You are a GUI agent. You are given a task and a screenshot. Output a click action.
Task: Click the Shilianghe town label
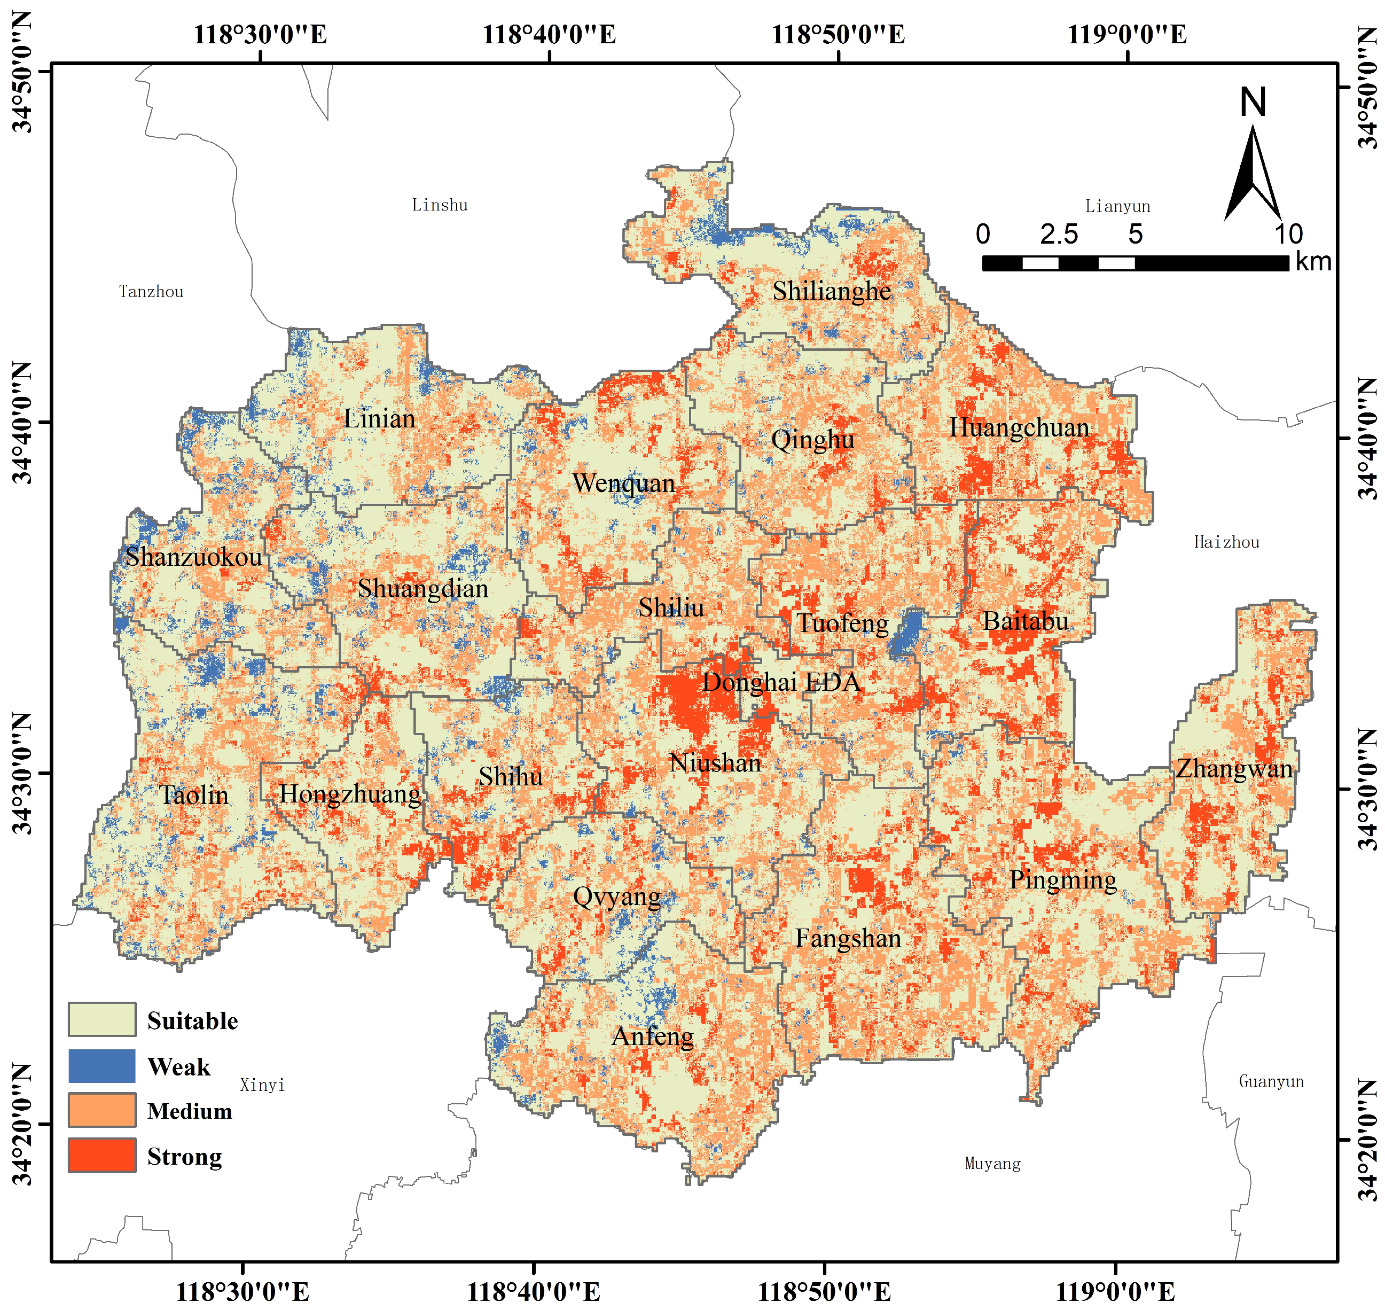pyautogui.click(x=832, y=291)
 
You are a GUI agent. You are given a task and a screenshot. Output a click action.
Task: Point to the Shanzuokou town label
pyautogui.click(x=193, y=557)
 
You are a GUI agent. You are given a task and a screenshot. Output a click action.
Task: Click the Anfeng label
pyautogui.click(x=653, y=1036)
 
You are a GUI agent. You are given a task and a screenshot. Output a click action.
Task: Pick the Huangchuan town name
pyautogui.click(x=1019, y=427)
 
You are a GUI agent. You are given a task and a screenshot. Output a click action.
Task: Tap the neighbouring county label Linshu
pyautogui.click(x=440, y=205)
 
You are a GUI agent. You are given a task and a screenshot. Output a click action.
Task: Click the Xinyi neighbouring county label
pyautogui.click(x=262, y=1085)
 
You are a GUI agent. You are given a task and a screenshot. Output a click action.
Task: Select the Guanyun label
pyautogui.click(x=1271, y=1082)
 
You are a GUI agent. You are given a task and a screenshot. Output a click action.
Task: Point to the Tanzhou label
pyautogui.click(x=152, y=292)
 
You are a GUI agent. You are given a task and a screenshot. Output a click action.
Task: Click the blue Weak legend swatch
pyautogui.click(x=102, y=1066)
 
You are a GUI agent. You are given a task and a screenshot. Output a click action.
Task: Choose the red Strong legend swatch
pyautogui.click(x=102, y=1156)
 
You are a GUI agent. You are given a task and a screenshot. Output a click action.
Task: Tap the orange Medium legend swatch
pyautogui.click(x=102, y=1110)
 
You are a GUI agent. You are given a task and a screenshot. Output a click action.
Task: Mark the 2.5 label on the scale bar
pyautogui.click(x=1059, y=235)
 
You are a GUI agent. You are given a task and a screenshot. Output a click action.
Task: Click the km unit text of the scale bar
pyautogui.click(x=1313, y=262)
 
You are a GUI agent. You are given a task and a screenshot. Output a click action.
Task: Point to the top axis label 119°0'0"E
pyautogui.click(x=1126, y=34)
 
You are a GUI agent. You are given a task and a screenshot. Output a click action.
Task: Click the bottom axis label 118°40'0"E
pyautogui.click(x=534, y=1291)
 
